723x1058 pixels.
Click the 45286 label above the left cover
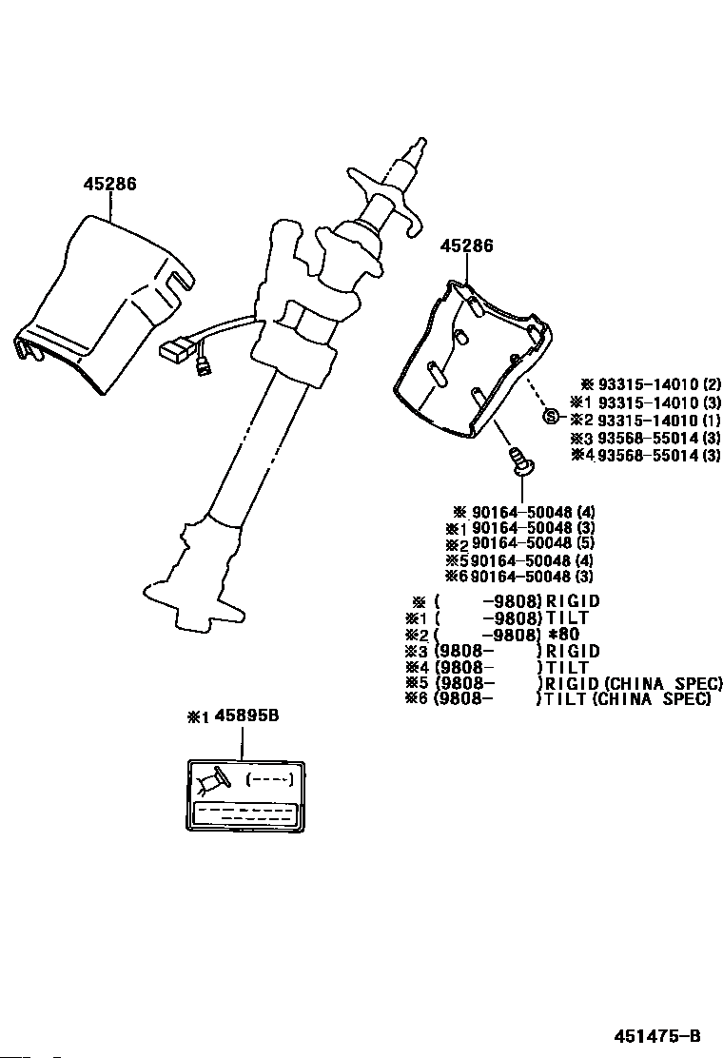(x=108, y=184)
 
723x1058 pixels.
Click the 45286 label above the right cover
(x=466, y=245)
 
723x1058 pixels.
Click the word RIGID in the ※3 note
(x=571, y=651)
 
